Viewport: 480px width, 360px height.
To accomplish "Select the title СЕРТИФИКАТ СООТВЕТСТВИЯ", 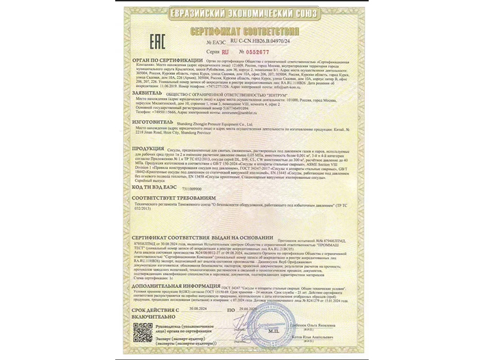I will coord(239,31).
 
